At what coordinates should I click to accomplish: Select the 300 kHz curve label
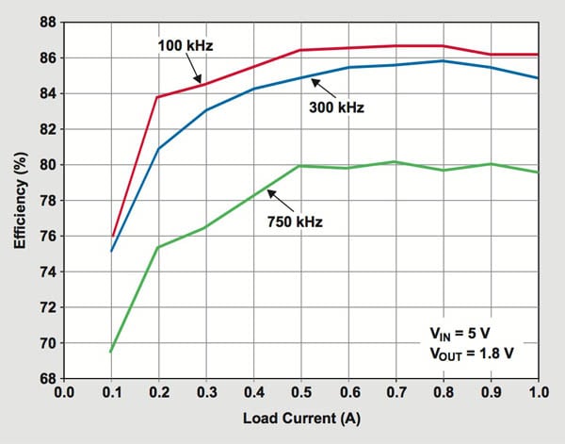point(336,107)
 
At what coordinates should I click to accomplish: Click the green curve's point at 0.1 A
point(112,352)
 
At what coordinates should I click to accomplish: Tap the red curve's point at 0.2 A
point(159,97)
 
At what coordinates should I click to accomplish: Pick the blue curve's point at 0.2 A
point(159,149)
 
